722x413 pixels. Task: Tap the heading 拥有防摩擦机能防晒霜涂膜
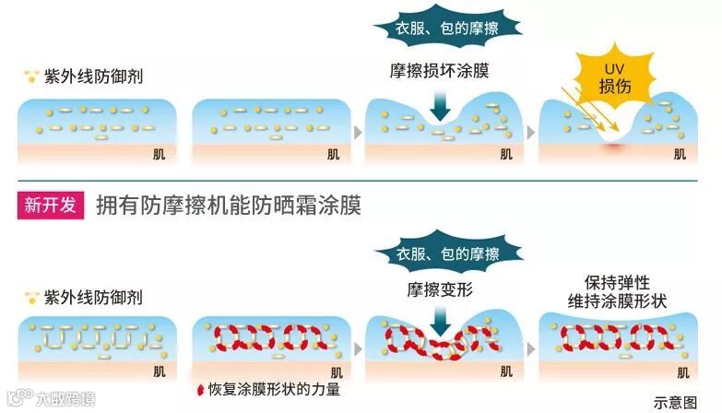point(228,206)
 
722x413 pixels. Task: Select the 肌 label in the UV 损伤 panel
point(680,154)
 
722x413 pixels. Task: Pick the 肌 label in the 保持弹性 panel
point(682,372)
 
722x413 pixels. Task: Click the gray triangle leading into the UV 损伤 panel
point(532,132)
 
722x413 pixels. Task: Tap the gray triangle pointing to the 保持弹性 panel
point(532,349)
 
